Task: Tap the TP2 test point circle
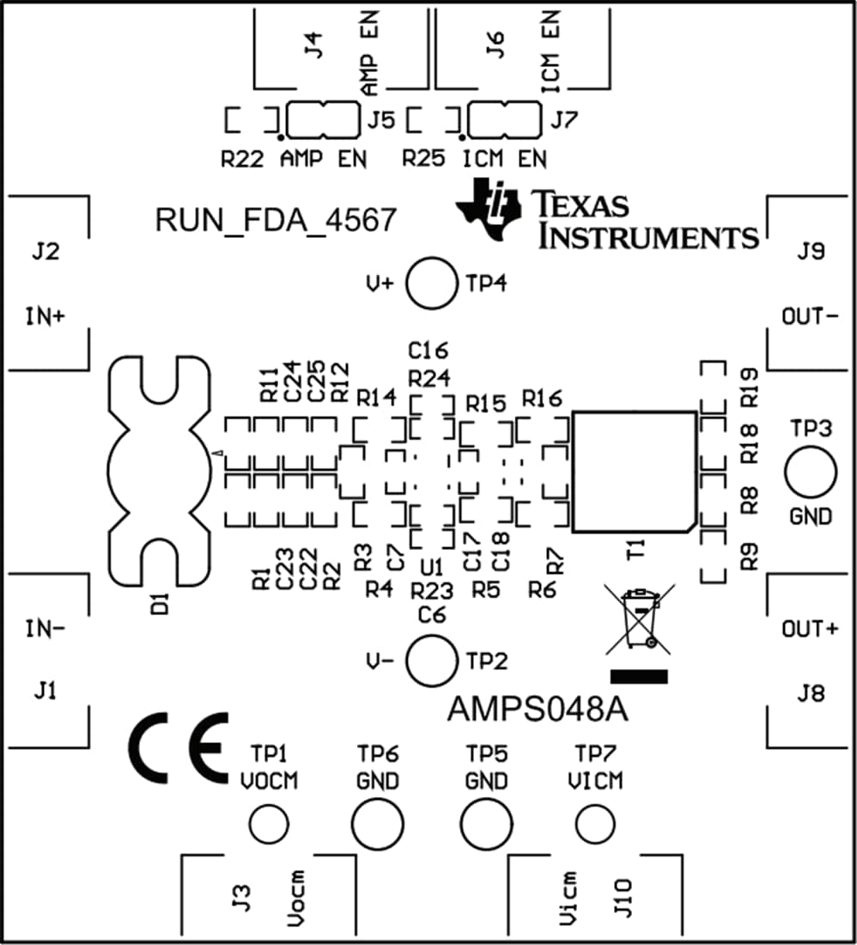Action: pos(431,661)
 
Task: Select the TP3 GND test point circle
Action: pos(810,473)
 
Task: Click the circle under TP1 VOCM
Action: pos(269,826)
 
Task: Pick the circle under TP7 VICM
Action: pos(596,825)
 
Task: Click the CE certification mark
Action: pos(179,747)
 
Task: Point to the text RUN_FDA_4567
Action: pos(275,221)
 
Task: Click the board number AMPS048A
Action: pos(538,711)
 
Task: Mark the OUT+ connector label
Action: pos(810,629)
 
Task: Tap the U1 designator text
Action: pos(431,568)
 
